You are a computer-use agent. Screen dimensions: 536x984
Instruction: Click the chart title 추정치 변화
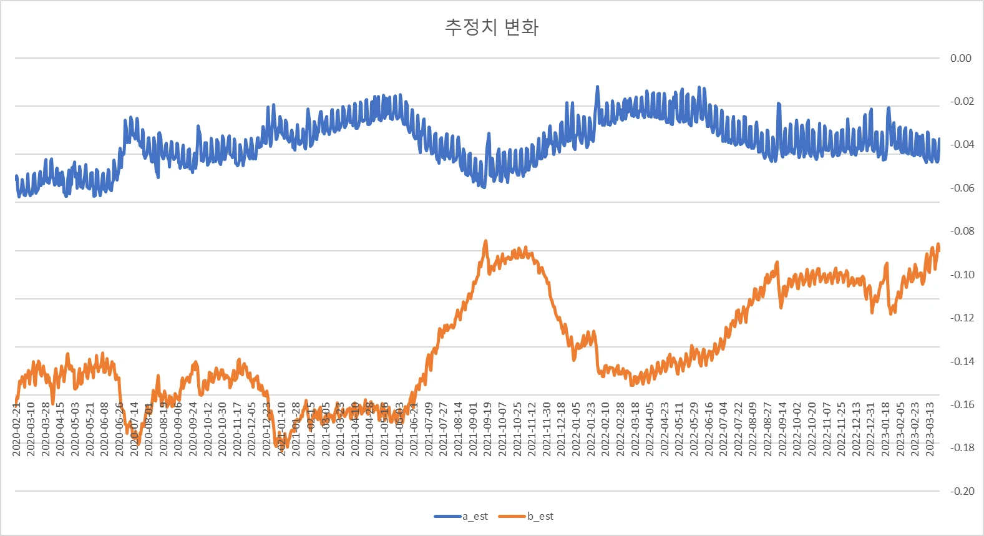tap(491, 27)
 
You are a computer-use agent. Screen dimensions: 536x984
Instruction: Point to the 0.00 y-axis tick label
tap(960, 58)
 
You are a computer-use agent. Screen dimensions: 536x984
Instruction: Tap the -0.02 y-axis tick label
tap(962, 101)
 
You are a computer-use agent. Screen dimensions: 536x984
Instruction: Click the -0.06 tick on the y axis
tap(962, 188)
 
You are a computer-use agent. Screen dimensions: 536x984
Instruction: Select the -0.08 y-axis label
tap(962, 231)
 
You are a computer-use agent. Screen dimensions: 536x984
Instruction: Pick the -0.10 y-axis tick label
tap(962, 275)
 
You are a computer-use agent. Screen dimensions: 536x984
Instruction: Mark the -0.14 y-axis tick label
tap(962, 361)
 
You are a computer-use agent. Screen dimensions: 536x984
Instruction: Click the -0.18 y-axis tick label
tap(962, 447)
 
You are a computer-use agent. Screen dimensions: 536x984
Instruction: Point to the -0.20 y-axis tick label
tap(962, 491)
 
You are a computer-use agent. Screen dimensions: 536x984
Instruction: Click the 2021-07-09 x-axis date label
tap(429, 429)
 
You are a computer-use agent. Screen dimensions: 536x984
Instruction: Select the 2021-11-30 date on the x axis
tap(547, 429)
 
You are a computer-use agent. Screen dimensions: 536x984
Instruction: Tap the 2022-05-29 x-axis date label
tap(694, 429)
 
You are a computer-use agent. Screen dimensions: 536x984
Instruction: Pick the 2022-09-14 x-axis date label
tap(782, 429)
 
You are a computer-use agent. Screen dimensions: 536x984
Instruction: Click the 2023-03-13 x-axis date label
tap(930, 429)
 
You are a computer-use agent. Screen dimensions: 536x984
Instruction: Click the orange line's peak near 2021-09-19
tap(485, 241)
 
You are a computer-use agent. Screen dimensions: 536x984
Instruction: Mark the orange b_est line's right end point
tap(939, 250)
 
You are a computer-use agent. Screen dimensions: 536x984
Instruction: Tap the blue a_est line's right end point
tap(939, 139)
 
